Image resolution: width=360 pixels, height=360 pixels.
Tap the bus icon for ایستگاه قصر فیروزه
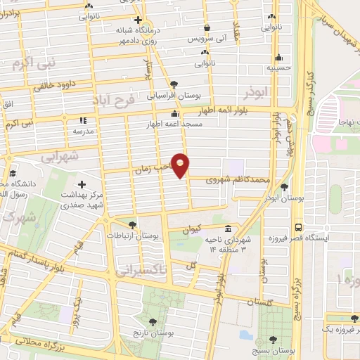point(299,228)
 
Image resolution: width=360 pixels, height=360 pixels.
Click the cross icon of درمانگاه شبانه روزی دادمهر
point(138,20)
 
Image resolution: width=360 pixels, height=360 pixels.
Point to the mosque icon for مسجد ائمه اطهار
point(174,113)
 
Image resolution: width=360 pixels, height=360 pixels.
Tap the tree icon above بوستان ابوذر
point(284,187)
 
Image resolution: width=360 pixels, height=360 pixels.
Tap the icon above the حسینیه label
point(279,58)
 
